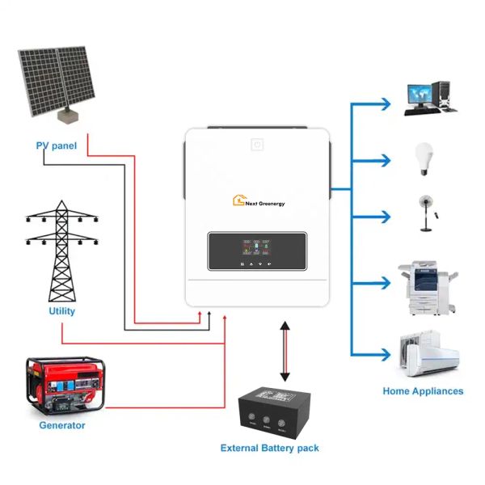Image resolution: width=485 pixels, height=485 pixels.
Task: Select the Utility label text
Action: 61,310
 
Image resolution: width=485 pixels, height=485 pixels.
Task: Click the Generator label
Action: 61,425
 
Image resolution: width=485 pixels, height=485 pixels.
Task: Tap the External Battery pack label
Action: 270,448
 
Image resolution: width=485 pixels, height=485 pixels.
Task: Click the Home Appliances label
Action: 423,391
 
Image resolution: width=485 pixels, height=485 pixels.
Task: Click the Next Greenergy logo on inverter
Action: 259,200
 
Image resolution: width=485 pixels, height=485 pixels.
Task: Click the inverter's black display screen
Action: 257,251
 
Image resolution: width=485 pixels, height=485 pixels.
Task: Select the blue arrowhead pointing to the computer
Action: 386,103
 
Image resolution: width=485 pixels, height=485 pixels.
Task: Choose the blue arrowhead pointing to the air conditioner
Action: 386,353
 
